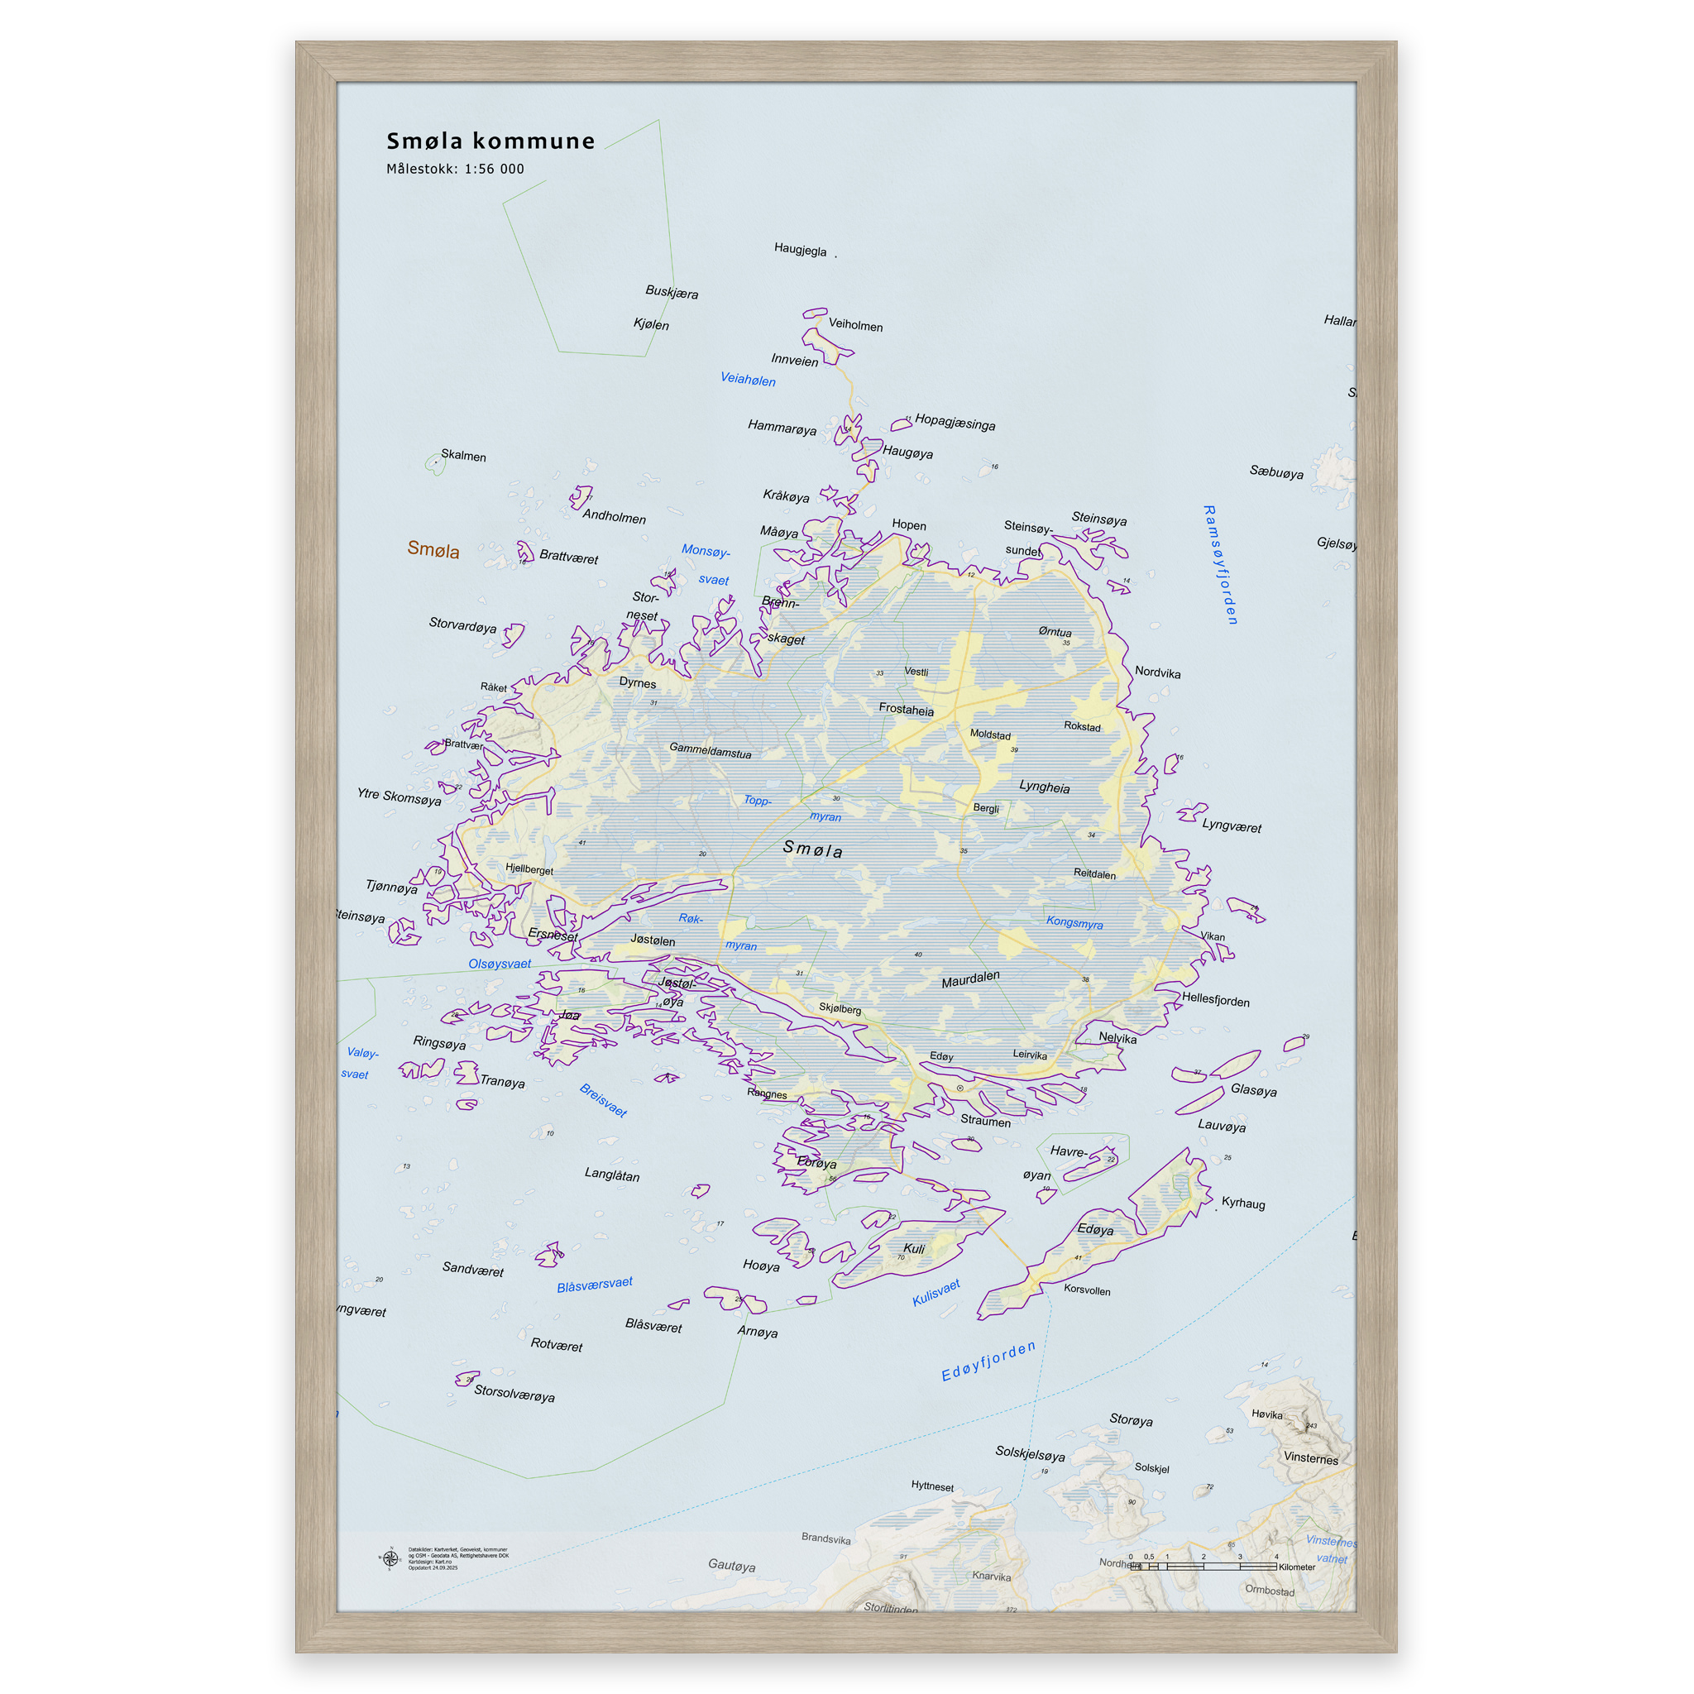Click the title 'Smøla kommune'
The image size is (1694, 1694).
click(490, 141)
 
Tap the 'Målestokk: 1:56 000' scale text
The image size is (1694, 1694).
click(455, 169)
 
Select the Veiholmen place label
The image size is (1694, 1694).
click(855, 325)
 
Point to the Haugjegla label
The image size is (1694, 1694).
click(800, 250)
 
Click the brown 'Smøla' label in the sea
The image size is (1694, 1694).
click(433, 550)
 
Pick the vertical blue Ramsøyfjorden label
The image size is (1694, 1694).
click(1220, 565)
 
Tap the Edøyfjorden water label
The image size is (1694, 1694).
click(988, 1361)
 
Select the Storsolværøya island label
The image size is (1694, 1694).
click(514, 1392)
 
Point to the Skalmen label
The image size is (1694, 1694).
click(463, 455)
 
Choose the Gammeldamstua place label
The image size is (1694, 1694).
click(711, 750)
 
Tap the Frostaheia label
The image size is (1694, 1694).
click(906, 710)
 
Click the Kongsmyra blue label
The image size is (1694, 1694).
click(1074, 922)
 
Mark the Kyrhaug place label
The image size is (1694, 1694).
click(1242, 1202)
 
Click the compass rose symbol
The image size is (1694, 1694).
click(390, 1559)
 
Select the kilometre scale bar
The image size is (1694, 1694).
click(1203, 1566)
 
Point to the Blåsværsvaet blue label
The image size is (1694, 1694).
click(595, 1285)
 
